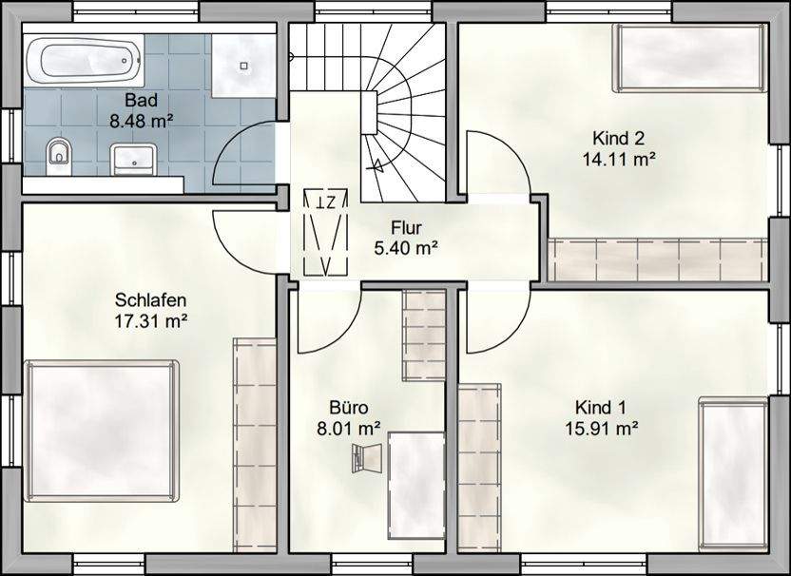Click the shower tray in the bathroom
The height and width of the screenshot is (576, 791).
pos(243,65)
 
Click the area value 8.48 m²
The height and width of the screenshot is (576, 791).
pos(141,120)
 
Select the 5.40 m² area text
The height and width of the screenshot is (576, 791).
pos(406,248)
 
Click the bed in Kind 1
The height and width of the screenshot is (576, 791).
pos(733,472)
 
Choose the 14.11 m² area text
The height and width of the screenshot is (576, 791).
pos(619,159)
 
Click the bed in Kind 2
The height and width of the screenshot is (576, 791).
pos(690,57)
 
